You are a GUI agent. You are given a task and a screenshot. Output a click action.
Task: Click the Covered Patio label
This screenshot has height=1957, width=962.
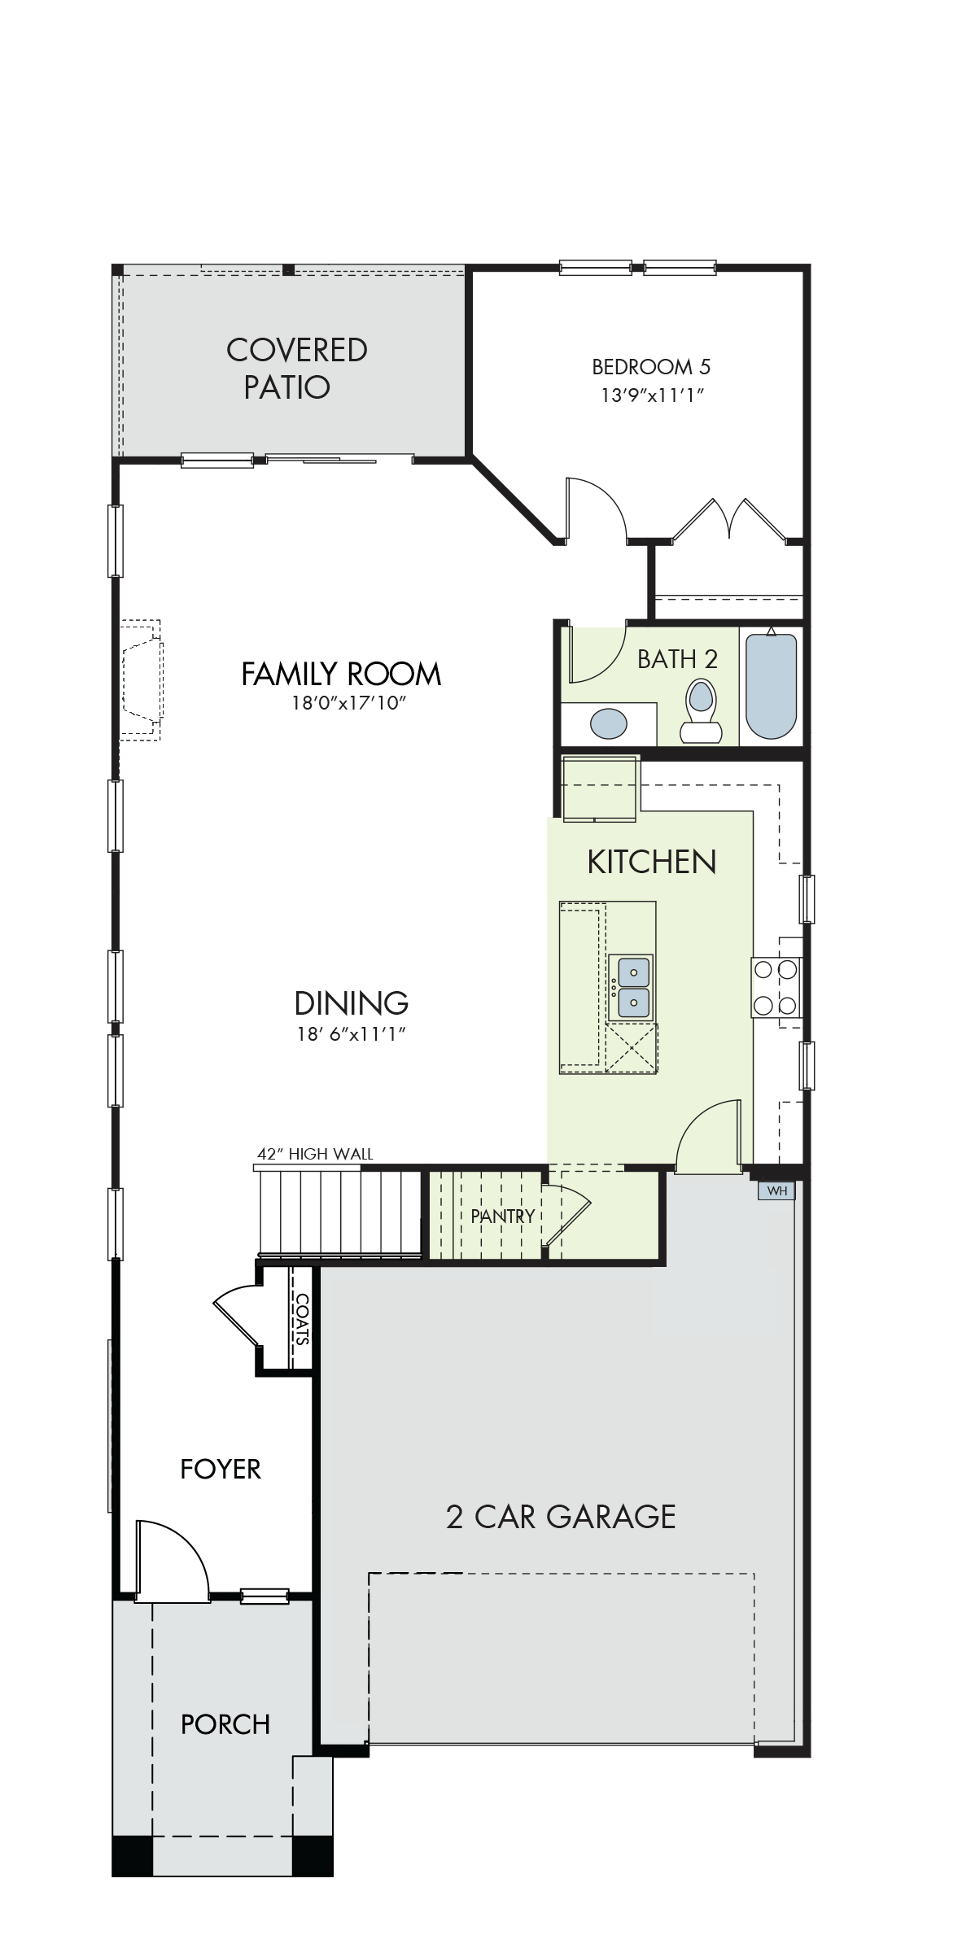coord(296,369)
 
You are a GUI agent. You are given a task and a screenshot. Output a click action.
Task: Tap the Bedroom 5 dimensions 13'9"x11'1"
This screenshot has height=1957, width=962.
coord(652,395)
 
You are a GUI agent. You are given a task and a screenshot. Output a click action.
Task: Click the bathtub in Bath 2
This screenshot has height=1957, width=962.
coord(771,685)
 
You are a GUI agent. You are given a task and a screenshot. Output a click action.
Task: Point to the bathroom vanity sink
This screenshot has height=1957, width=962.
coord(609,723)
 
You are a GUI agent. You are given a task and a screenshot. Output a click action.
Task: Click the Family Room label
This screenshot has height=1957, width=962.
coord(341,674)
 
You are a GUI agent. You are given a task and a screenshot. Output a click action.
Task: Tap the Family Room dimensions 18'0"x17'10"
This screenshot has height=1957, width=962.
coord(348,703)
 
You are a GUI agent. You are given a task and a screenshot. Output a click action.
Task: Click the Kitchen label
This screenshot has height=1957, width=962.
coord(652,862)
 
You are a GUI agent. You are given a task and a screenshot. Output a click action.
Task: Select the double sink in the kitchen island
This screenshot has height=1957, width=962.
coord(634,987)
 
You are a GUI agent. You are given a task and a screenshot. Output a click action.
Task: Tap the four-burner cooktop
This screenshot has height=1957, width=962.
coord(776,987)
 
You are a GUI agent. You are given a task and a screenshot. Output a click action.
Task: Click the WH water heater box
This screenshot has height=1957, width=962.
coord(776,1190)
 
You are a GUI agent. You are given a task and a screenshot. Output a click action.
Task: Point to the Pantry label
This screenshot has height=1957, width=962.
coord(502,1216)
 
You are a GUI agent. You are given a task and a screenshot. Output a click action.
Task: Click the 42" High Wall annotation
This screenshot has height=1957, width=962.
coord(315,1154)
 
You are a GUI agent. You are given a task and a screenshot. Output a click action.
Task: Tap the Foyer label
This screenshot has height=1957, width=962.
coord(221,1469)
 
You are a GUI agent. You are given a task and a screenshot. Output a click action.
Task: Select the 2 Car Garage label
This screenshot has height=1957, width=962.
coord(561,1517)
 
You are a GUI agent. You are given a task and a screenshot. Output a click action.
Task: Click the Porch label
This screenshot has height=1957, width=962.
coord(225,1724)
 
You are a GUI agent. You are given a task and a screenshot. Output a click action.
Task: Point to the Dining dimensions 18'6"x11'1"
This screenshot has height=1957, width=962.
coord(351,1034)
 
